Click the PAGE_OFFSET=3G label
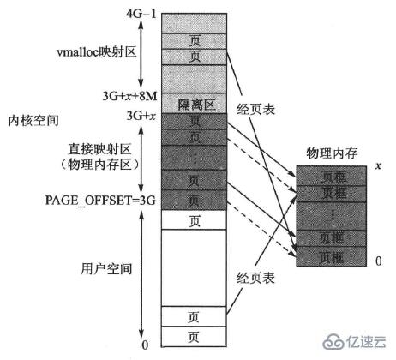click(93, 199)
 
